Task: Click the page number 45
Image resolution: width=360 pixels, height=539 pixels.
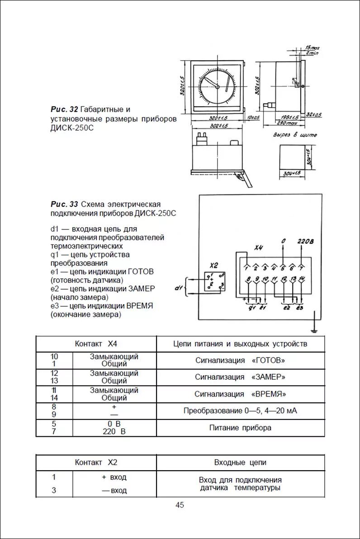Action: click(180, 506)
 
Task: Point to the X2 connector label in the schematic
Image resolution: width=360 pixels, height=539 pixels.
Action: click(214, 265)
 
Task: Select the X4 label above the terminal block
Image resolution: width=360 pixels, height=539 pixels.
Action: click(258, 248)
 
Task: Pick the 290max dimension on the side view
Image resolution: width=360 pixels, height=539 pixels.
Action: click(287, 123)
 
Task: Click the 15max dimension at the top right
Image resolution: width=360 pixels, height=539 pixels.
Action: click(312, 48)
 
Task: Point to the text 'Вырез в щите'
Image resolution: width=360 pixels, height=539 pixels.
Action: click(295, 134)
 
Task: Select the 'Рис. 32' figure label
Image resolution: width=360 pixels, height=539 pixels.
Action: click(64, 110)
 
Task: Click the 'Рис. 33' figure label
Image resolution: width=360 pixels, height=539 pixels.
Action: click(64, 204)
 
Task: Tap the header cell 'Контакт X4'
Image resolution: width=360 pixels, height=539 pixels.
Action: click(96, 343)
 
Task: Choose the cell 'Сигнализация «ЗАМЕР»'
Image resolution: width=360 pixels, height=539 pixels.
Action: click(240, 377)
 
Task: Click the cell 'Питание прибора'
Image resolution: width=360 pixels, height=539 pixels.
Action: click(240, 428)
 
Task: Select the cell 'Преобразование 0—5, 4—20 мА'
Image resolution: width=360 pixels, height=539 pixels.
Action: click(240, 411)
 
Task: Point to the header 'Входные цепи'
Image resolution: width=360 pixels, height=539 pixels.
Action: click(240, 463)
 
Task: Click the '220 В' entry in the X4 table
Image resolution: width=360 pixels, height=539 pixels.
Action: click(114, 432)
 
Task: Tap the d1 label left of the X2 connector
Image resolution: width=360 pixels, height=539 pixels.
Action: click(178, 287)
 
